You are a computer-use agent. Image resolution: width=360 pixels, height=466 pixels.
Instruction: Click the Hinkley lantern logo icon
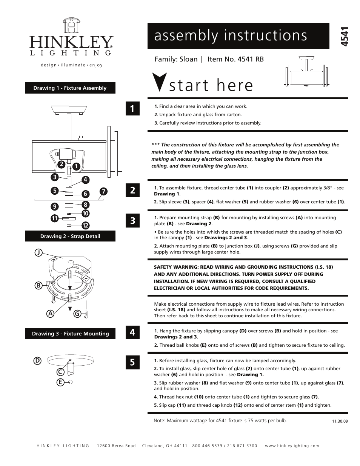coord(72,27)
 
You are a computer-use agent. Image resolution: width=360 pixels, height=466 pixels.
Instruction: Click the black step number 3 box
coord(132,220)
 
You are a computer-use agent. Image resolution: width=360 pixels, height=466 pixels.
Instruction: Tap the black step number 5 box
coord(132,362)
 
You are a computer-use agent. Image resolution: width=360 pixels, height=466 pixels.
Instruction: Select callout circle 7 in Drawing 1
coord(103,191)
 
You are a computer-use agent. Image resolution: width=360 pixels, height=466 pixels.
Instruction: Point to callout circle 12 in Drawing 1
coord(85,226)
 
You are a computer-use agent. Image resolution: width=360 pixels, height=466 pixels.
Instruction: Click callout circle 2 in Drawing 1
coord(61,164)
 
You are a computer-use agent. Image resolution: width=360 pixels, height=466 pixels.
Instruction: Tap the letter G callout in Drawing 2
coord(77,313)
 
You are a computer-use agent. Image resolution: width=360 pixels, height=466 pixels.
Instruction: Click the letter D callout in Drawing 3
coord(37,361)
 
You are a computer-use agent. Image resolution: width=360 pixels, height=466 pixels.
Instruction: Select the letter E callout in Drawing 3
coord(60,382)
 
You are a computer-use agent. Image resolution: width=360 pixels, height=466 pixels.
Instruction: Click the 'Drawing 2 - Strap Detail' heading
coord(70,236)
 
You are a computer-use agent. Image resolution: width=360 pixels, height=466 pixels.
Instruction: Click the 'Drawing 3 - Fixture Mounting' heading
coord(70,334)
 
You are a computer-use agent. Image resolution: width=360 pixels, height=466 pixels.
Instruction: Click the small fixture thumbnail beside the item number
coord(306,72)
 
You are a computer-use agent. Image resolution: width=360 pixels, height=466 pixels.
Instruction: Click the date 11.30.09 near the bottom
coord(340,421)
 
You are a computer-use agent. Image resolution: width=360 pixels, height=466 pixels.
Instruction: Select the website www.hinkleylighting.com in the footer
coord(292,446)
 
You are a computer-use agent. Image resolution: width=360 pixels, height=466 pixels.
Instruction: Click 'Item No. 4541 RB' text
coord(235,59)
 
